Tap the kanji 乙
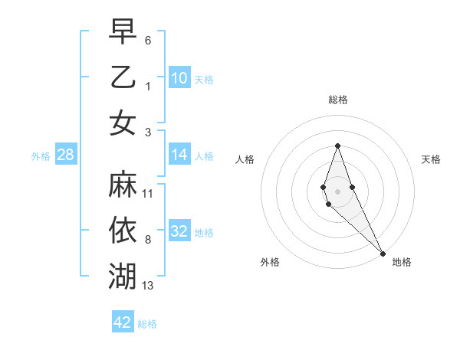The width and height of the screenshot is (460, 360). point(123,77)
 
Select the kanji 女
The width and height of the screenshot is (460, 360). point(123,123)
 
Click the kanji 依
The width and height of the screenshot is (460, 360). point(123,230)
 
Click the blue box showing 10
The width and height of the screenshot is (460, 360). point(179,77)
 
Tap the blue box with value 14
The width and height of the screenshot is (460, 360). point(179,155)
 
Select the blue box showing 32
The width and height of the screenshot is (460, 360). point(179,231)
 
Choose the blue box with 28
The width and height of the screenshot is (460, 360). point(66,155)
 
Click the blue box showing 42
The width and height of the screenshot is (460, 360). point(123,322)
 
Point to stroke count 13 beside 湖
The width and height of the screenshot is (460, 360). point(148,286)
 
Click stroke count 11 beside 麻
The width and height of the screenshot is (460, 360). point(148,194)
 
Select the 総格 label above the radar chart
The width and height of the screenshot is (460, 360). point(337,100)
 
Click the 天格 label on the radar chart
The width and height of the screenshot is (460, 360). point(431,159)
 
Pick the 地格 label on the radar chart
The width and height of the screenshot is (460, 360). point(402,262)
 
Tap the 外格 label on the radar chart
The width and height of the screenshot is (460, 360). point(270,262)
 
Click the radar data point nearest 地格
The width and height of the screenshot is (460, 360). point(383,253)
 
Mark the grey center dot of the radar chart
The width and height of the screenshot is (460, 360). point(337,191)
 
